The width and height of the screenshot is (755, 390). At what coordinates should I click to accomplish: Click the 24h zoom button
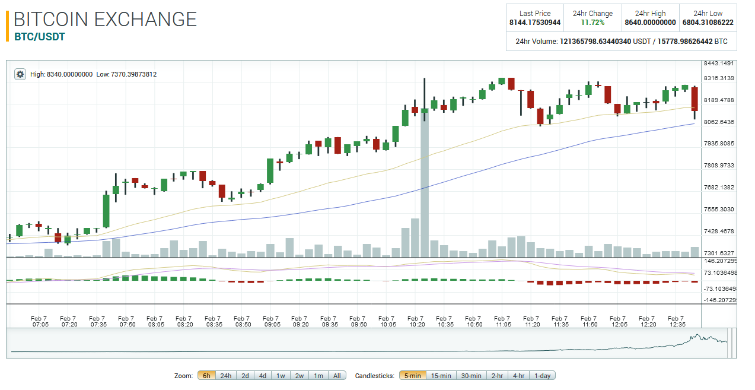[x=225, y=376]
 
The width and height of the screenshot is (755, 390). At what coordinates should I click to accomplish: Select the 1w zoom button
[x=281, y=376]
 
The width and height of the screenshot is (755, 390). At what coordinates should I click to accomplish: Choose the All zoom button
[x=337, y=376]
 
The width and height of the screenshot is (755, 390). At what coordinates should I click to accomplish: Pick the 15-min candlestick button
[x=441, y=376]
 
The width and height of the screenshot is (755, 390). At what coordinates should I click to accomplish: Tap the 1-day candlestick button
[x=542, y=376]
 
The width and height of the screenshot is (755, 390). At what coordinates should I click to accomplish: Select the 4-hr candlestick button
[x=518, y=376]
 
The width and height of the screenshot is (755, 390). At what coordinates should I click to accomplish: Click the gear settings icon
[x=20, y=74]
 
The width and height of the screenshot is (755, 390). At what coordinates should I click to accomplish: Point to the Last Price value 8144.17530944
[x=534, y=23]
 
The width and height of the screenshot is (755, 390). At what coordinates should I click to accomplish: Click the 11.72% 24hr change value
[x=592, y=23]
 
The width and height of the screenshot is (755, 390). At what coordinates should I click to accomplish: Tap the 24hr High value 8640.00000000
[x=650, y=23]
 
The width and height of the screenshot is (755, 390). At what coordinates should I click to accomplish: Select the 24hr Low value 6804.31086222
[x=708, y=23]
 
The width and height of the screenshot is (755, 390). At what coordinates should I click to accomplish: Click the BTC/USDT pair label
[x=39, y=37]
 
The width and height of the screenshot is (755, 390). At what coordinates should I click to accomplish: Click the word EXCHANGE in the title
[x=145, y=19]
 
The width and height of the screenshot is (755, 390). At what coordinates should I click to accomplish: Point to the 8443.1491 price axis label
[x=718, y=64]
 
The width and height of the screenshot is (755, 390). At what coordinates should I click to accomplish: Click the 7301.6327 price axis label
[x=718, y=253]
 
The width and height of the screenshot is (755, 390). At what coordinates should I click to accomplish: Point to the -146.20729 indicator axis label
[x=719, y=300]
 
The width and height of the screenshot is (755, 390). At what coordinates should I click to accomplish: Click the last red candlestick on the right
[x=695, y=99]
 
